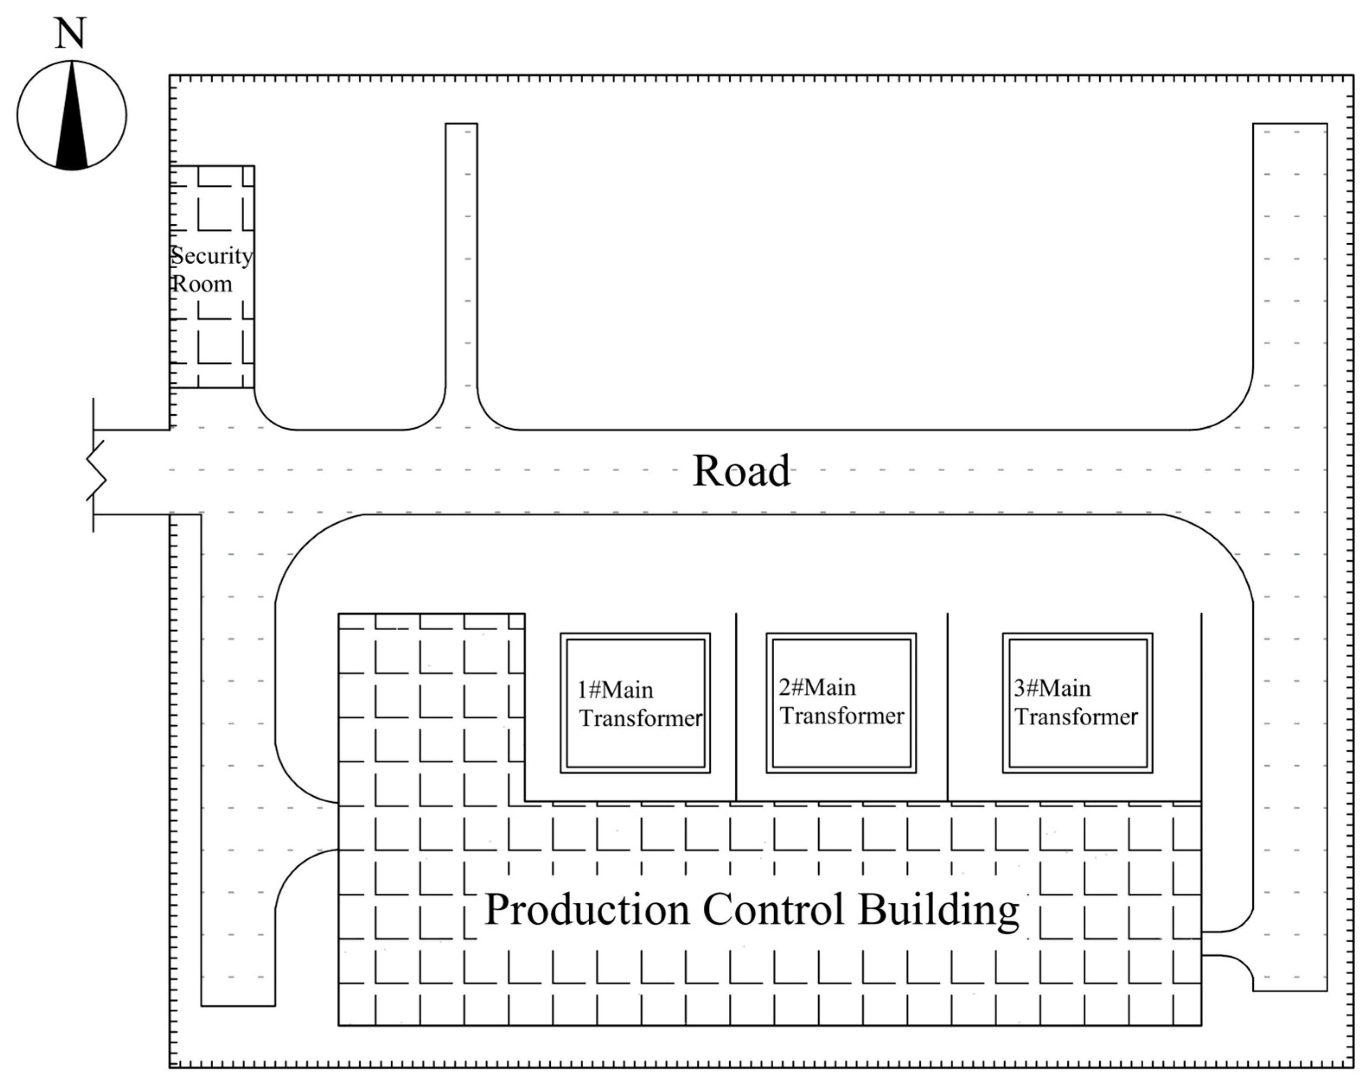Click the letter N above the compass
70,34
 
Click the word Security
212,256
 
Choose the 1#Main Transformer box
635,703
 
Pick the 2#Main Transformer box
841,703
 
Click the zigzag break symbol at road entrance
96,470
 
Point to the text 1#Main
615,690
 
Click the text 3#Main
1052,688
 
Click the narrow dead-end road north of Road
461,254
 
